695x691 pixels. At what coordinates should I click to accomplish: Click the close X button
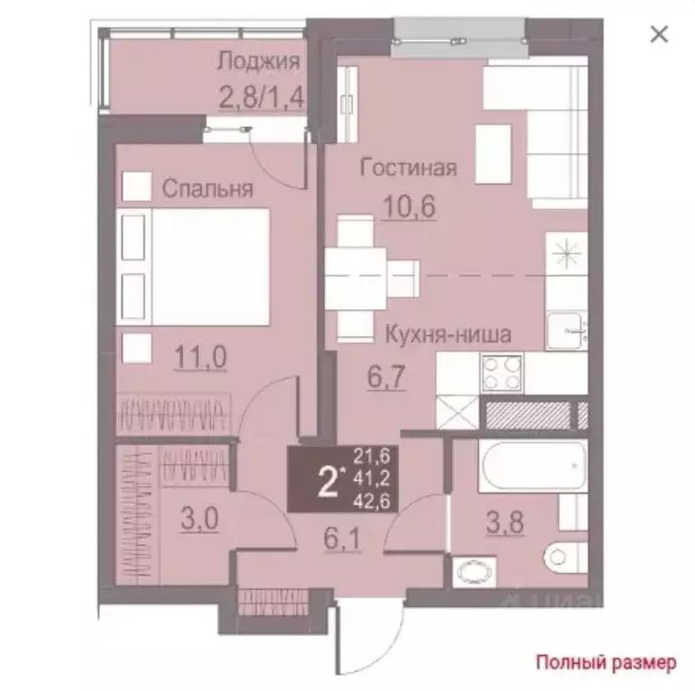tap(659, 34)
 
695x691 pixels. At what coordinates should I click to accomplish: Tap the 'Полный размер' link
tap(607, 662)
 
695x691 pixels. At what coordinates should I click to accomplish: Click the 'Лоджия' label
tap(259, 62)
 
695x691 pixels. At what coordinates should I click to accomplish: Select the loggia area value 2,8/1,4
tap(261, 96)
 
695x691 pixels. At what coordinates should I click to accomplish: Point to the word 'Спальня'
tap(207, 188)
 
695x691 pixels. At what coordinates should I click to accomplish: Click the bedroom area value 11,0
tap(201, 357)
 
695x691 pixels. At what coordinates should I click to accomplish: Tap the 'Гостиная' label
tap(408, 168)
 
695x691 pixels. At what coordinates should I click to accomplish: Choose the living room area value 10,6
tap(410, 206)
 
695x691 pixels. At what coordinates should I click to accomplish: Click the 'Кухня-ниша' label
tap(448, 334)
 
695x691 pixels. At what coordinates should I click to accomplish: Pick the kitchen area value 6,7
tap(386, 377)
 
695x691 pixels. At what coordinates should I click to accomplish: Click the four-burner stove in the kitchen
tap(502, 373)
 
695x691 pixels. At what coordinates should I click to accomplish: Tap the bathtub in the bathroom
tap(533, 467)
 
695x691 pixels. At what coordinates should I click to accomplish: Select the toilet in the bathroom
tap(565, 557)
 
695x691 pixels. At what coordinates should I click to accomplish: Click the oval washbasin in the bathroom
tap(474, 573)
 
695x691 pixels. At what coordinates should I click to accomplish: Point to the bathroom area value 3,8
tap(505, 523)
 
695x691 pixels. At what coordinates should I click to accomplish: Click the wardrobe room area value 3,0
tap(200, 518)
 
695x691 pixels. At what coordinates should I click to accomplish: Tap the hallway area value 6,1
tap(342, 540)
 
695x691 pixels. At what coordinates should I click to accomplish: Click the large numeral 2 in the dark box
tap(328, 483)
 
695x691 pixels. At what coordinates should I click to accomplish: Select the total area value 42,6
tap(372, 501)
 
